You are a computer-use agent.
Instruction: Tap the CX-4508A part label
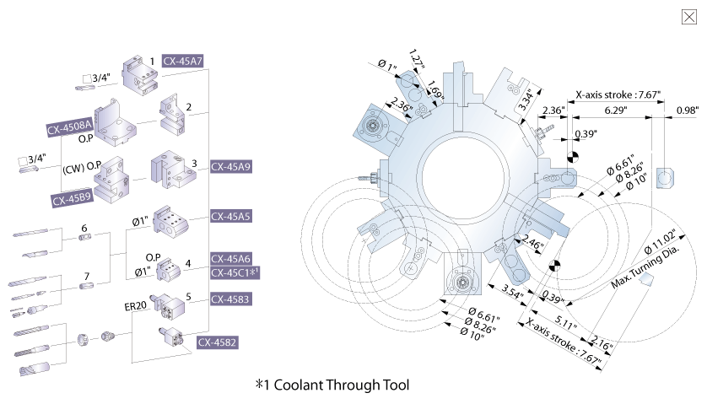[x=70, y=129]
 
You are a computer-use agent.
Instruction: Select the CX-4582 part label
[x=217, y=342]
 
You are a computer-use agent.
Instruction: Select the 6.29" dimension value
[x=615, y=110]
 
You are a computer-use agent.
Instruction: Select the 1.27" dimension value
[x=415, y=60]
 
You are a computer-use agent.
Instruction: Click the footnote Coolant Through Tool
[x=332, y=385]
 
